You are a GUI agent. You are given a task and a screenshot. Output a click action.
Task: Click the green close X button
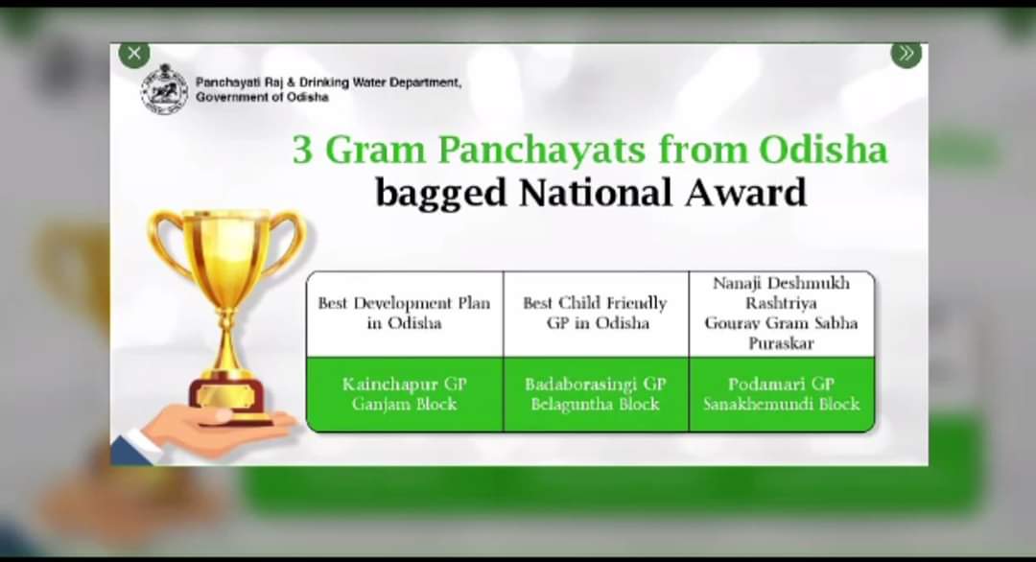[x=134, y=54]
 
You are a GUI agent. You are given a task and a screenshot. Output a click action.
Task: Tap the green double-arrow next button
[x=906, y=54]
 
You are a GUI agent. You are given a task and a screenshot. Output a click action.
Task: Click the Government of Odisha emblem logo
[x=165, y=89]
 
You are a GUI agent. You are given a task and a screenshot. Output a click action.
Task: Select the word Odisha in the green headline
[x=823, y=150]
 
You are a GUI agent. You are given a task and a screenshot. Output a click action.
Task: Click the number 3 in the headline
[x=302, y=150]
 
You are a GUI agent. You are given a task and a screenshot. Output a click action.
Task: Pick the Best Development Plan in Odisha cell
[x=405, y=315]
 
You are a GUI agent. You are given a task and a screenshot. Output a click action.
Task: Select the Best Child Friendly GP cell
[x=596, y=315]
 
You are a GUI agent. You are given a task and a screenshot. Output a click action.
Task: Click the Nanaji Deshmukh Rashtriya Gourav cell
[x=782, y=315]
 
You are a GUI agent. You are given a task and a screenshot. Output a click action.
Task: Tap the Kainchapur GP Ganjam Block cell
[x=405, y=394]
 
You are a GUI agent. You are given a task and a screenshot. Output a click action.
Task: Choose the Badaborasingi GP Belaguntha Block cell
[x=596, y=394]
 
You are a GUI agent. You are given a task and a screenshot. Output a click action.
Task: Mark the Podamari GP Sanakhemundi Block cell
[x=782, y=394]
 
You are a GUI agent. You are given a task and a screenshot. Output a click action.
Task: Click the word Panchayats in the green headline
[x=542, y=151]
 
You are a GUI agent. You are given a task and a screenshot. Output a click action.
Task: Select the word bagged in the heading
[x=440, y=194]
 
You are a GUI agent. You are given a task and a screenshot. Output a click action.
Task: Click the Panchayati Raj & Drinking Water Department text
[x=328, y=82]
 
